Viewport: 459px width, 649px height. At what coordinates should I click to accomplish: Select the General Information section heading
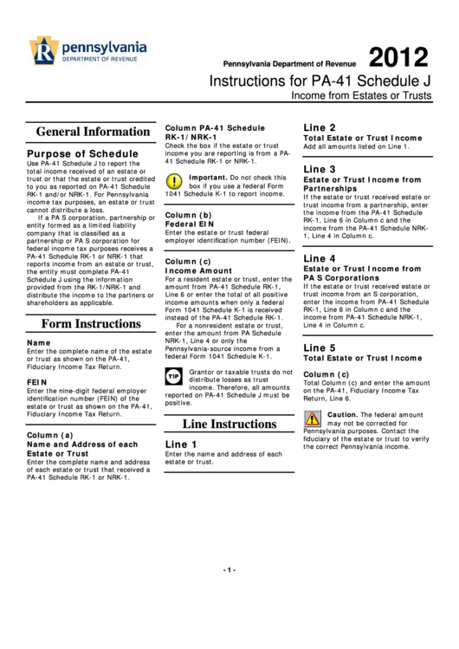point(87,132)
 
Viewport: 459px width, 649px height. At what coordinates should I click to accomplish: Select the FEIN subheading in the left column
point(36,381)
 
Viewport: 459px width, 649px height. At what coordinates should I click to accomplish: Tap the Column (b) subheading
point(188,214)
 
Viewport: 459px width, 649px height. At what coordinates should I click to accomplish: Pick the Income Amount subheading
point(199,270)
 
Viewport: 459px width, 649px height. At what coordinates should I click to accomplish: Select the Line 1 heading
point(181,444)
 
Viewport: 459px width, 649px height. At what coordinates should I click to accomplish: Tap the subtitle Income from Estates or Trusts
point(361,95)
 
